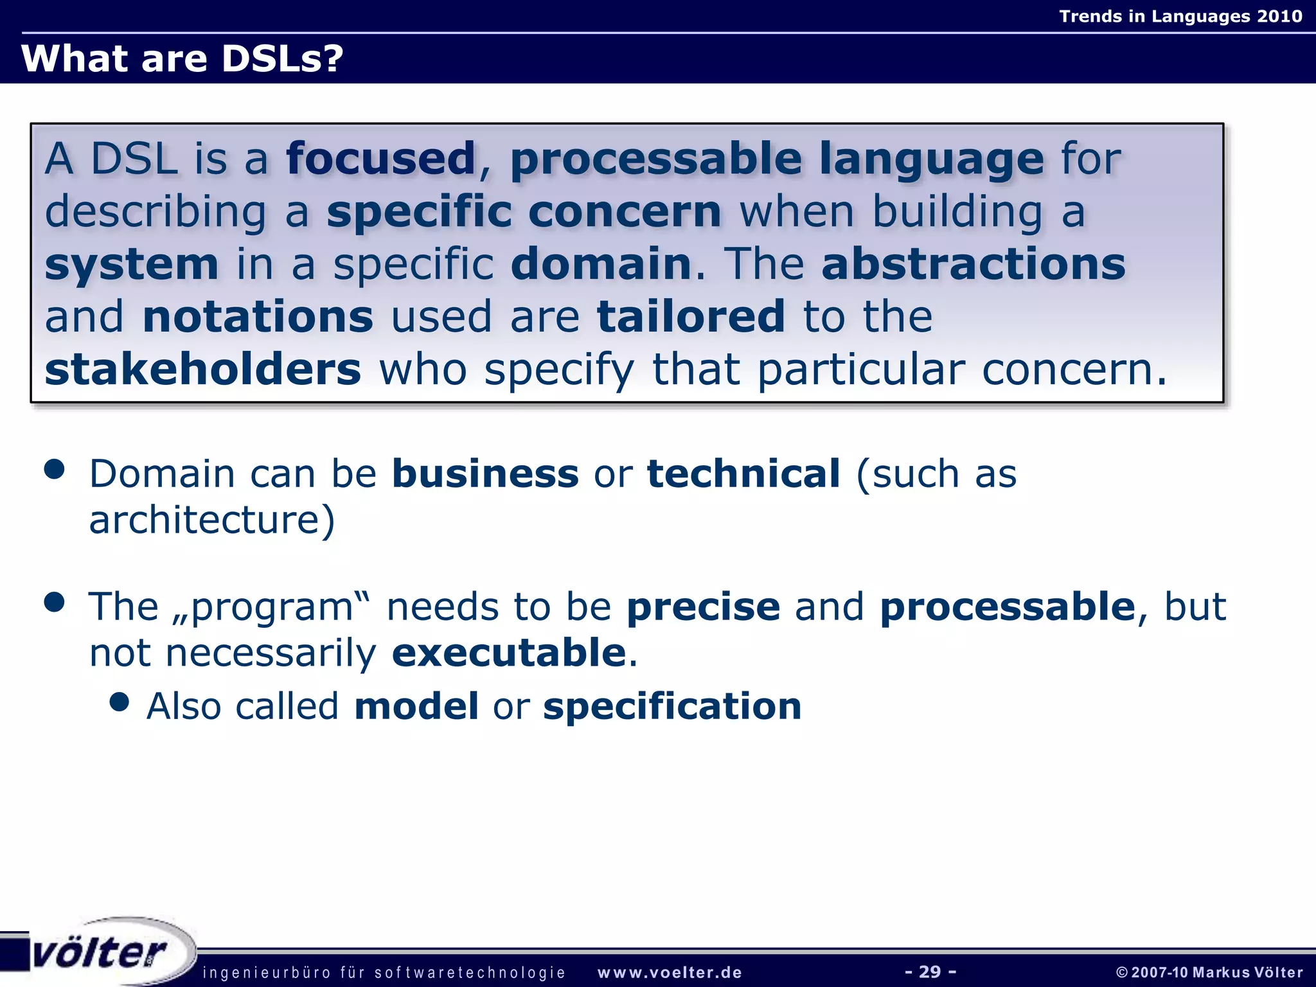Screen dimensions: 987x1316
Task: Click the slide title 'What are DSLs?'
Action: tap(182, 58)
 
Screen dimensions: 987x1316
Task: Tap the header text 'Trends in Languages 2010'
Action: tap(1180, 16)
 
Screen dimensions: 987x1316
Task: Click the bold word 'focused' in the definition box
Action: tap(380, 159)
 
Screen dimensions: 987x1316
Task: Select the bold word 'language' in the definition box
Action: tap(932, 160)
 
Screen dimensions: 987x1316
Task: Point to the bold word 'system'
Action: tap(132, 265)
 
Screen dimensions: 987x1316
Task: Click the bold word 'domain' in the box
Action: tap(601, 264)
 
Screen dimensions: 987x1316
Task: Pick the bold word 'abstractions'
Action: tap(973, 264)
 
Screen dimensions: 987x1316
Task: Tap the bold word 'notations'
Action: tap(258, 317)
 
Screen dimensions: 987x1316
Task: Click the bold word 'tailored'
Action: tap(691, 317)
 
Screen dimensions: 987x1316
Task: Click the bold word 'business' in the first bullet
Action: tap(485, 474)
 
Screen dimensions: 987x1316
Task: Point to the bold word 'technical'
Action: tap(743, 474)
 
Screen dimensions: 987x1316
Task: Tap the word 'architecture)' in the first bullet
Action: tap(212, 520)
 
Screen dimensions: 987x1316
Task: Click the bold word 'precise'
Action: tap(703, 607)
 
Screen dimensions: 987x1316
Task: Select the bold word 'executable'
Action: tap(509, 653)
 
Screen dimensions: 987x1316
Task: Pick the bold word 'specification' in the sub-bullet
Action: tap(672, 706)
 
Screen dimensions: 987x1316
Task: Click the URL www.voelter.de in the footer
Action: tap(670, 973)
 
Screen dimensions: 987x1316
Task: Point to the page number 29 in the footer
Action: tap(930, 972)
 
